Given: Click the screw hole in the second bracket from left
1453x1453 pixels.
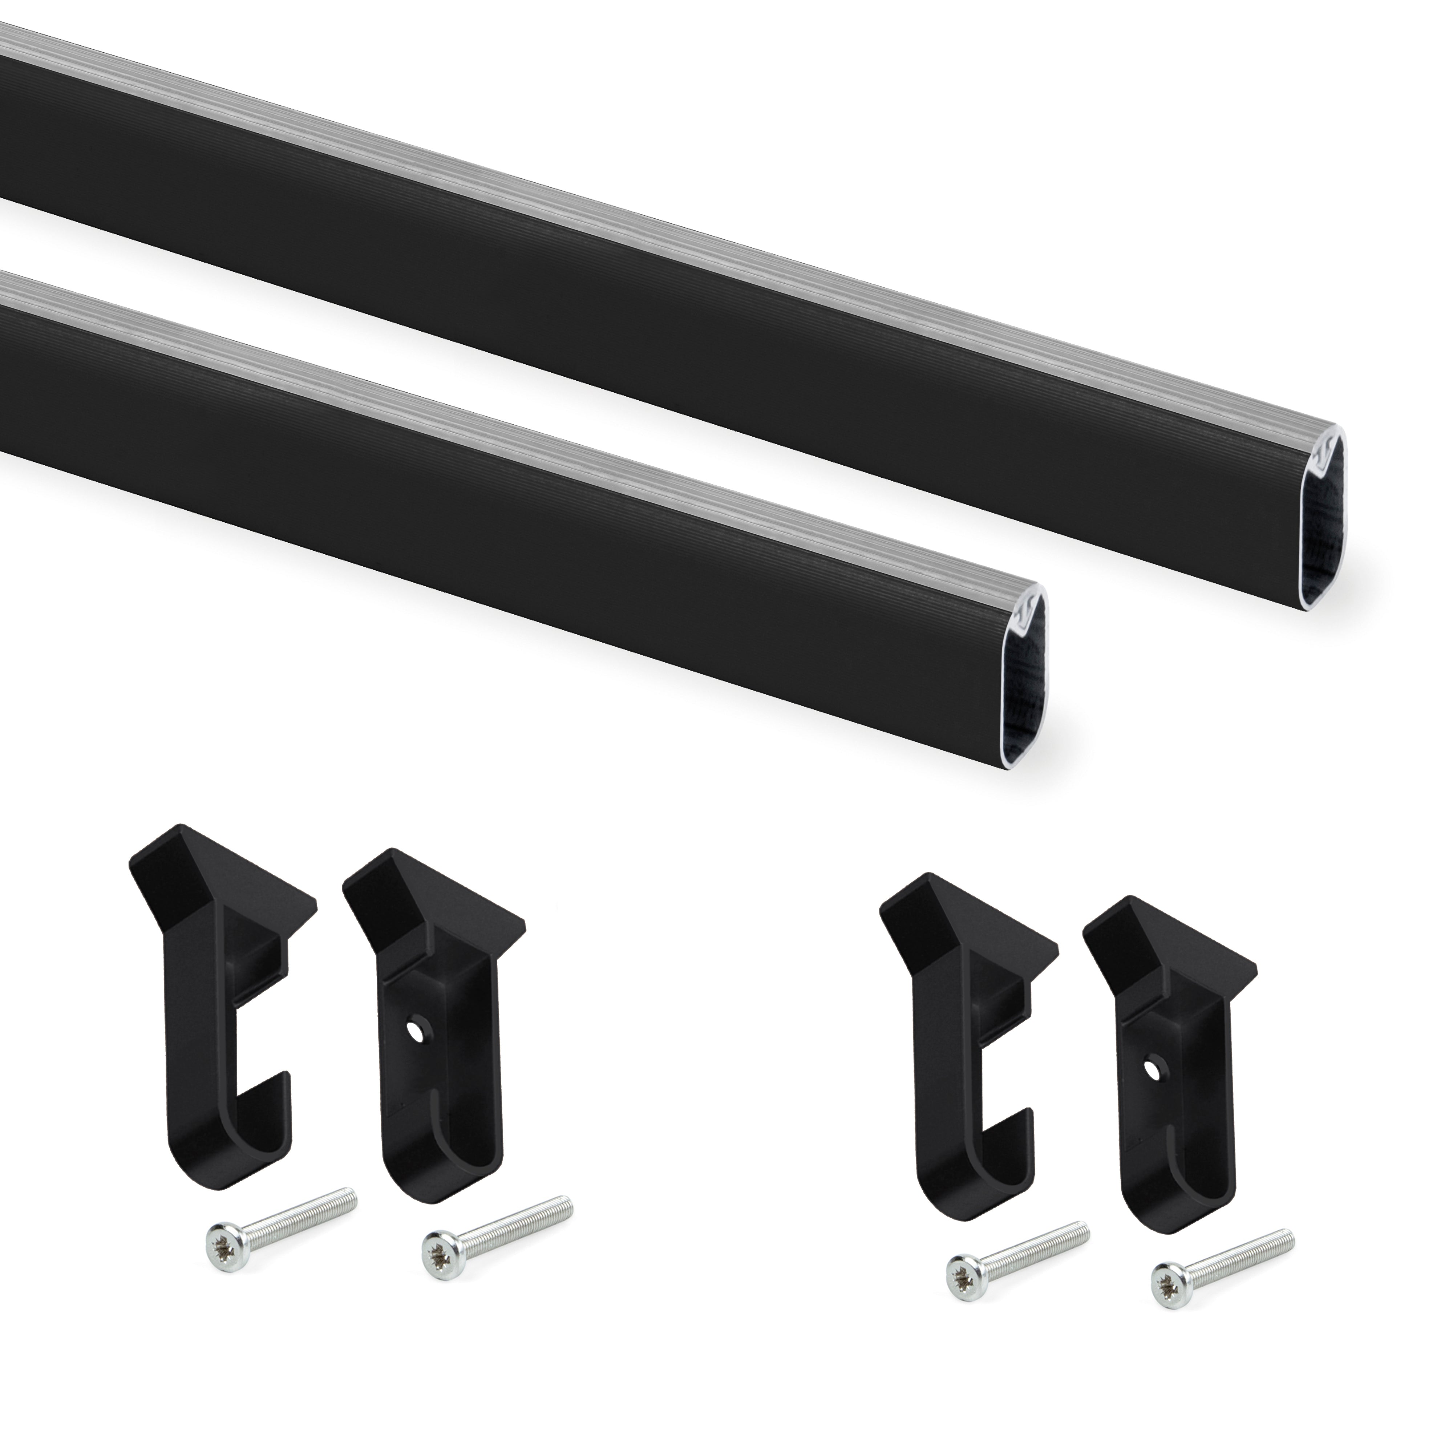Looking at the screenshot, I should click(x=413, y=1027).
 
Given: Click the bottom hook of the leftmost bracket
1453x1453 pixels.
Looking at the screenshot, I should click(x=226, y=1169).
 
